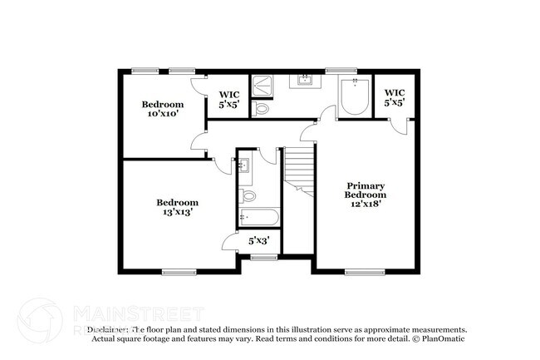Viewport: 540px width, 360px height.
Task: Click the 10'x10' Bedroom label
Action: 162,110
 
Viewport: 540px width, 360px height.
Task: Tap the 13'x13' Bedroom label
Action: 178,207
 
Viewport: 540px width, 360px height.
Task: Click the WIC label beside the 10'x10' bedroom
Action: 228,100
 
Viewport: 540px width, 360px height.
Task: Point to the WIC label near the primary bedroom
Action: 395,97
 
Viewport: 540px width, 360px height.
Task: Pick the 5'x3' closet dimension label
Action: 259,241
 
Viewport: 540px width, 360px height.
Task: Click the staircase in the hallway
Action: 299,170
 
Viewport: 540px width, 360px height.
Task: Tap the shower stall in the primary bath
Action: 263,83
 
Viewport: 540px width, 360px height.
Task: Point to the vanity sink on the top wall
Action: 304,81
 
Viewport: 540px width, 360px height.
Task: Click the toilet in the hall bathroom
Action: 247,197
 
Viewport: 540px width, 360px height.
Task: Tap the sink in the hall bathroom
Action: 244,165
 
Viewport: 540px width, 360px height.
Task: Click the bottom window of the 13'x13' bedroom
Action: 179,271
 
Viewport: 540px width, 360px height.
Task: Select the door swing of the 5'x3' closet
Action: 228,242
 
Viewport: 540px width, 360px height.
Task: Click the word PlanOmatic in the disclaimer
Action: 442,338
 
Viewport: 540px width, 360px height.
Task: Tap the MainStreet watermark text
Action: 138,314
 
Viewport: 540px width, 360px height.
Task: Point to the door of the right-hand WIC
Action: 402,125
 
